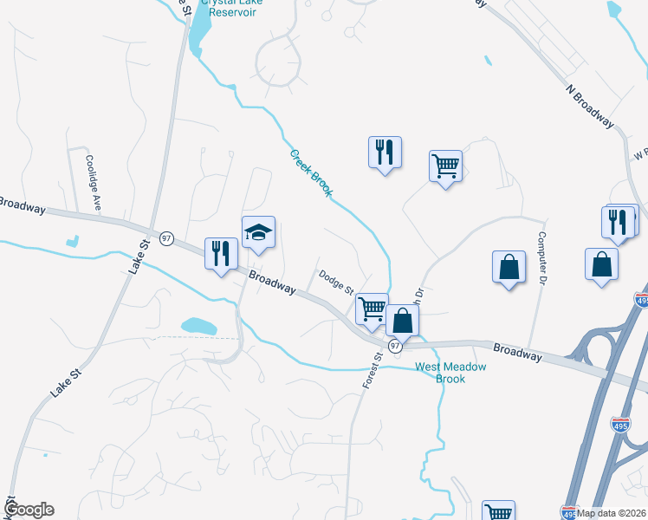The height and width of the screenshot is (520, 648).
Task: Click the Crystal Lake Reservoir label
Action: (x=232, y=7)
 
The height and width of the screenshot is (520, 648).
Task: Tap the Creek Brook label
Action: (x=310, y=172)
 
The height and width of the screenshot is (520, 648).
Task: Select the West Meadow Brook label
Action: (x=450, y=373)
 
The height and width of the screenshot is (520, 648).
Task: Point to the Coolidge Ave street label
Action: (x=90, y=182)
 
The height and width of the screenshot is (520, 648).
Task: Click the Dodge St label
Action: (x=336, y=282)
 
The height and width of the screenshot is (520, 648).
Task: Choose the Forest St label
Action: (x=377, y=369)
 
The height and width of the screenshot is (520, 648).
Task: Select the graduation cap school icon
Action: (x=258, y=232)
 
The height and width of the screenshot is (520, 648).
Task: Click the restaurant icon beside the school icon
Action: (x=220, y=253)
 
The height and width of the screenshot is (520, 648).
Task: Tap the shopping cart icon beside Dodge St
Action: (x=372, y=307)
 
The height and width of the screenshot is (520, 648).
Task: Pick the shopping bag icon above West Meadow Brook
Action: (x=403, y=320)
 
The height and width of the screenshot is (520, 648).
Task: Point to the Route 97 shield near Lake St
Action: (x=167, y=237)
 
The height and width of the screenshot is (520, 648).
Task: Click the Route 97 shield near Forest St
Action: (x=395, y=346)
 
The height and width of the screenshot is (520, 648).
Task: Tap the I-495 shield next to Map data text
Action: (x=568, y=513)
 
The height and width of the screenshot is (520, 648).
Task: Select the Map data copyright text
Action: (x=612, y=513)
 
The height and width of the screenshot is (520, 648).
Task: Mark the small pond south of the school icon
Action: (x=198, y=326)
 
